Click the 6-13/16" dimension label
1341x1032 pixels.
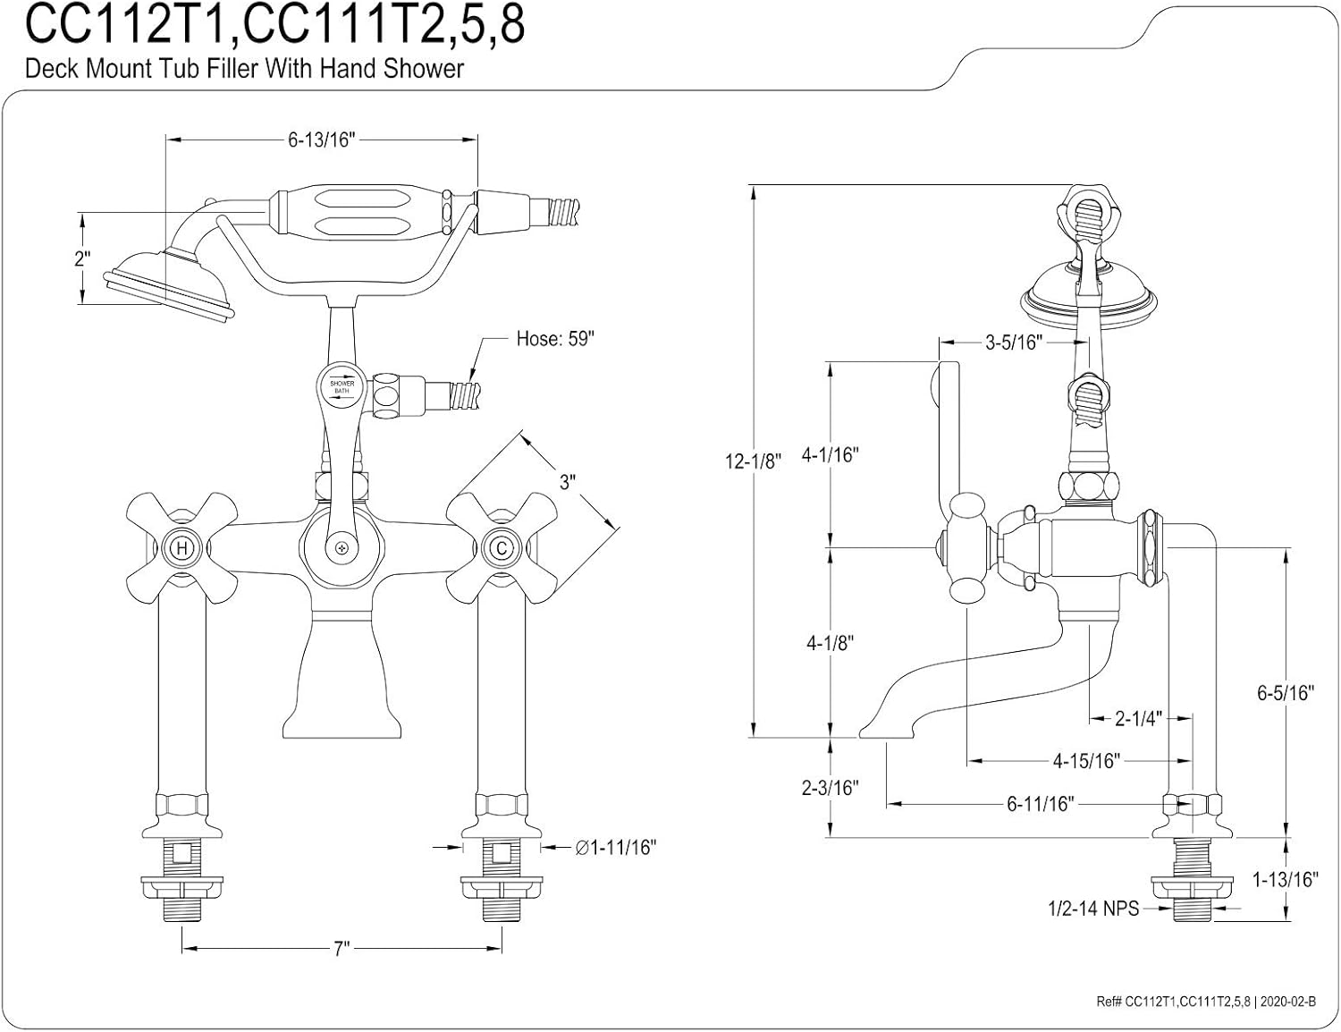[x=322, y=140]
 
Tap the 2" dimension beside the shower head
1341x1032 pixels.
[x=82, y=259]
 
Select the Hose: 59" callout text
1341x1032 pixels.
[x=555, y=340]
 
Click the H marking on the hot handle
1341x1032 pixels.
[x=181, y=547]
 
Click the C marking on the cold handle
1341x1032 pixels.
[x=501, y=547]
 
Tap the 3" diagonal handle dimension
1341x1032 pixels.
[x=567, y=483]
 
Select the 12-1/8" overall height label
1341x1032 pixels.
[x=754, y=461]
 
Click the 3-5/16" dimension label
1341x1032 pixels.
[x=1014, y=342]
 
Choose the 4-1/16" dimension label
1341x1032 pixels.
[x=830, y=454]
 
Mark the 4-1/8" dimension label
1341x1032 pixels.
[x=830, y=642]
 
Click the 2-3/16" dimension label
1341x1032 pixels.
[x=830, y=787]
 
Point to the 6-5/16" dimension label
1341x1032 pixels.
[x=1286, y=692]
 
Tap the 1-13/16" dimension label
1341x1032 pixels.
[x=1286, y=879]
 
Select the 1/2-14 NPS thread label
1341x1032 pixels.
[x=1093, y=909]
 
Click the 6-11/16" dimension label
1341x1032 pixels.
[x=1040, y=804]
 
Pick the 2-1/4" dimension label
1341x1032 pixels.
[x=1138, y=718]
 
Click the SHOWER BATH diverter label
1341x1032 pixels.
[x=342, y=387]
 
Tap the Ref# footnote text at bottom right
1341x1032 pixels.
[x=1205, y=1002]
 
